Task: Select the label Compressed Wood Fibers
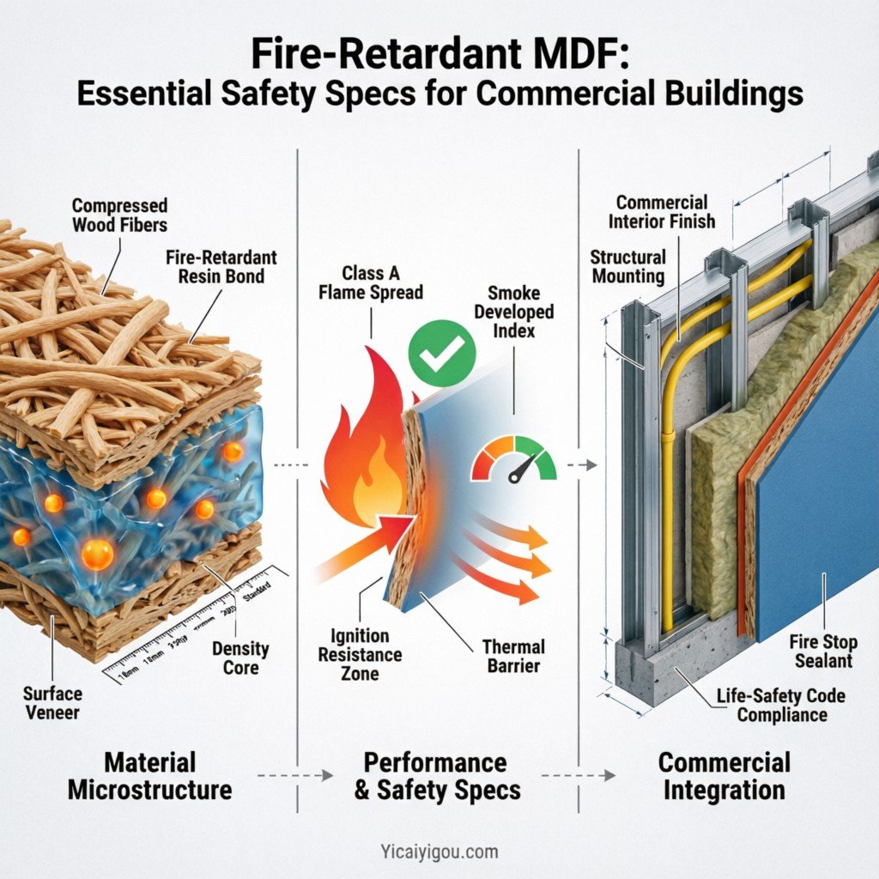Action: (x=119, y=216)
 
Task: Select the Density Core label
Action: (x=241, y=658)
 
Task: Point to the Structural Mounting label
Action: (x=627, y=266)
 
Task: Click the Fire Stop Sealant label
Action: (x=821, y=650)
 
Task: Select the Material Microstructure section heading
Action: (x=149, y=775)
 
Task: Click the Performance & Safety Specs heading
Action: (x=437, y=775)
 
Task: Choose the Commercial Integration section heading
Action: (x=724, y=775)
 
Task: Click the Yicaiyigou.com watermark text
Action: (x=439, y=852)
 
